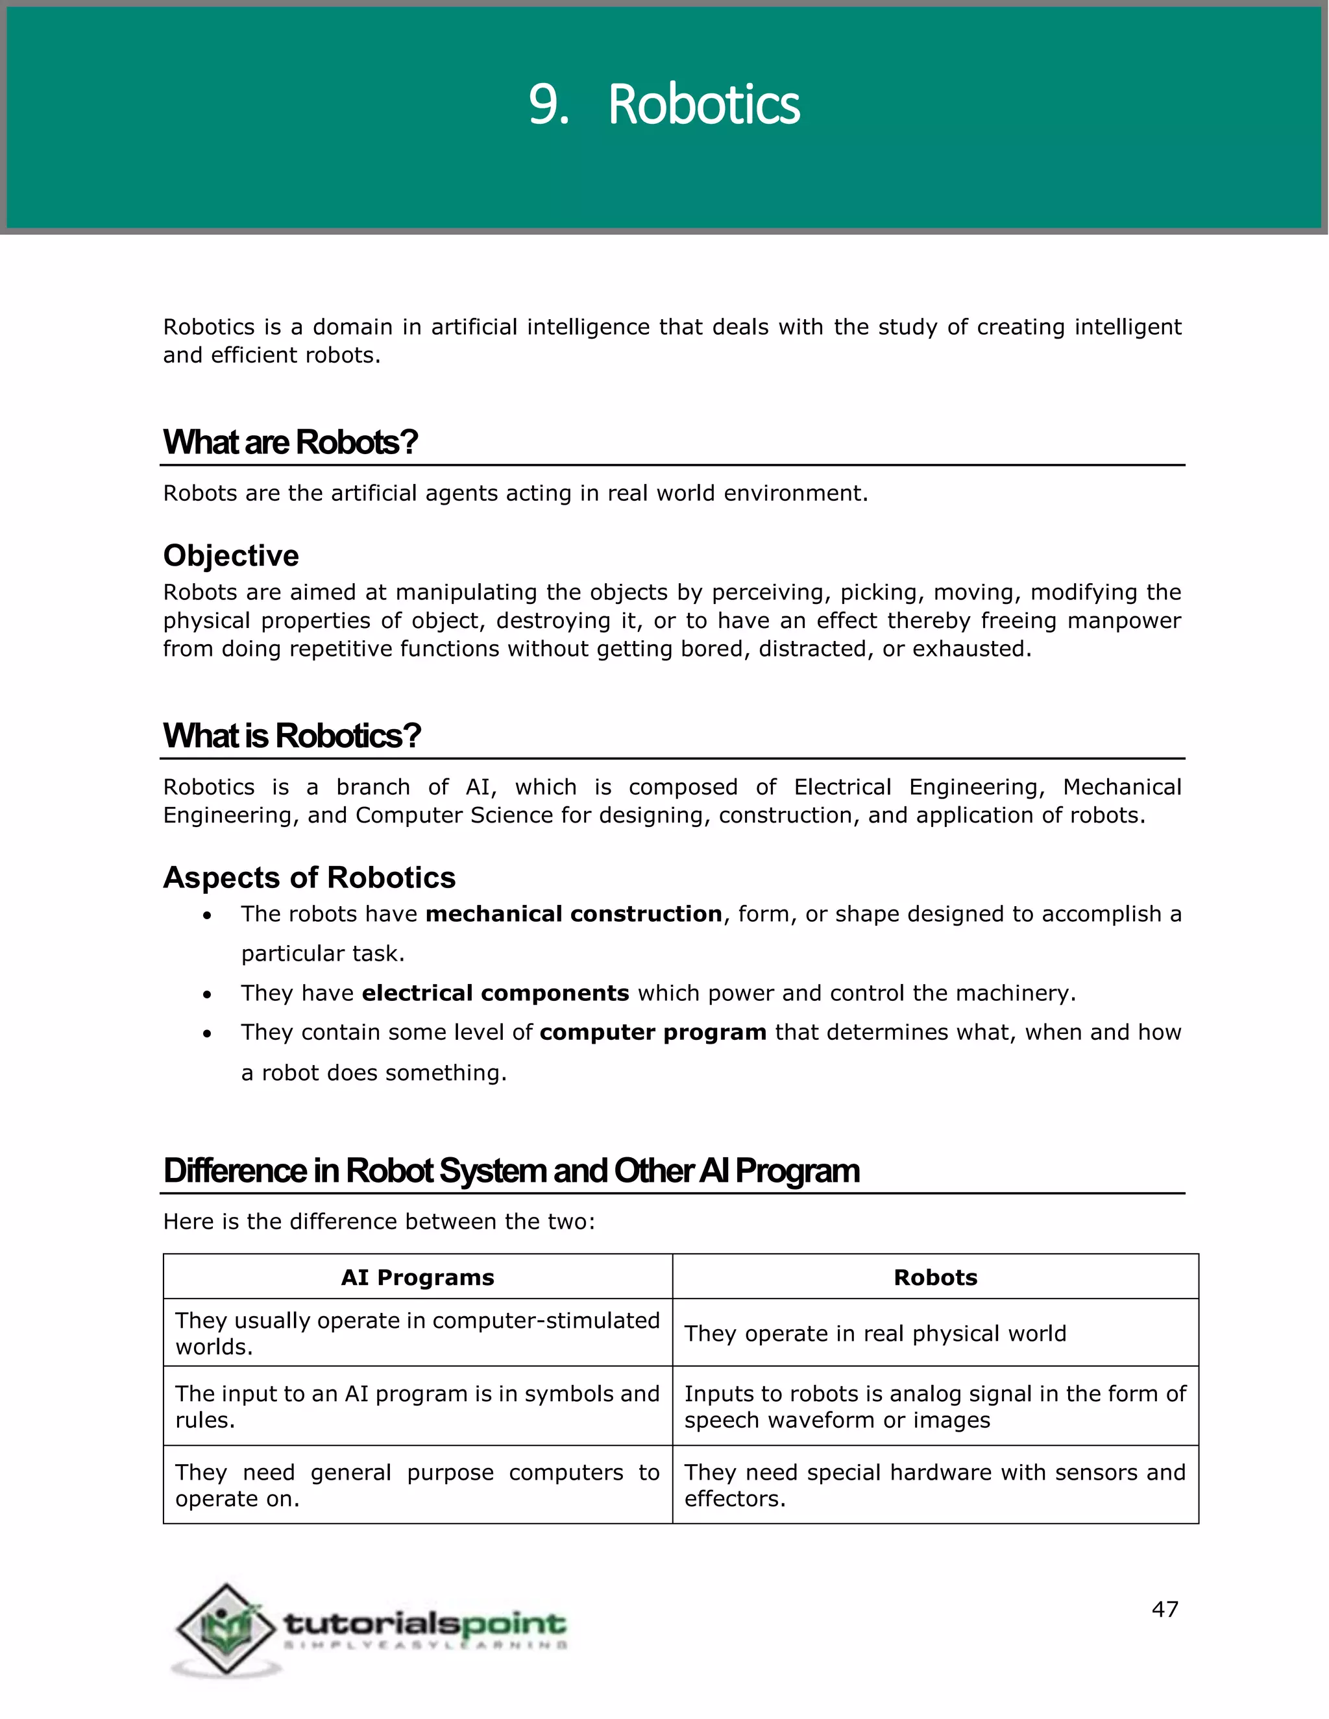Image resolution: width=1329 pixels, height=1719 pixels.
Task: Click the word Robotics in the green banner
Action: coord(703,104)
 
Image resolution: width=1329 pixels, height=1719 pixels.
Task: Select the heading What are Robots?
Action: coord(289,442)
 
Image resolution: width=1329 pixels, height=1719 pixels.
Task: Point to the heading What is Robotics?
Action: coord(291,736)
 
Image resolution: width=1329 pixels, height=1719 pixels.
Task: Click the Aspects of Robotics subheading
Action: coord(309,878)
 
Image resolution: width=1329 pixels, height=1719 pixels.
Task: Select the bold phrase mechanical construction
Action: coord(573,914)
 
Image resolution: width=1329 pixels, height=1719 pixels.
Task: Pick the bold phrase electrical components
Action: coord(495,993)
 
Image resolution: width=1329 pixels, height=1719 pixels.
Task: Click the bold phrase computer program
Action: coord(653,1033)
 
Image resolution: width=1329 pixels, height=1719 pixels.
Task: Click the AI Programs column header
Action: coord(417,1277)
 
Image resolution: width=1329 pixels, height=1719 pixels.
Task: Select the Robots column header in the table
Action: coord(935,1277)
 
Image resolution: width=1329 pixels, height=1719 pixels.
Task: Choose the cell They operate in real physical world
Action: coord(875,1333)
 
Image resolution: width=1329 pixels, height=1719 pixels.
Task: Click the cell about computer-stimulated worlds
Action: coord(417,1333)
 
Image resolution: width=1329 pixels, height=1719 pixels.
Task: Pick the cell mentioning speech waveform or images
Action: coord(934,1406)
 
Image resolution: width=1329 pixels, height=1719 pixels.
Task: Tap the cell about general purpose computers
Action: coord(417,1485)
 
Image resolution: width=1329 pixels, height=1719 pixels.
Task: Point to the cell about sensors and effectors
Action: coord(934,1485)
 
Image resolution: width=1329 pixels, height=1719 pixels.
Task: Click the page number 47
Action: coord(1164,1609)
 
